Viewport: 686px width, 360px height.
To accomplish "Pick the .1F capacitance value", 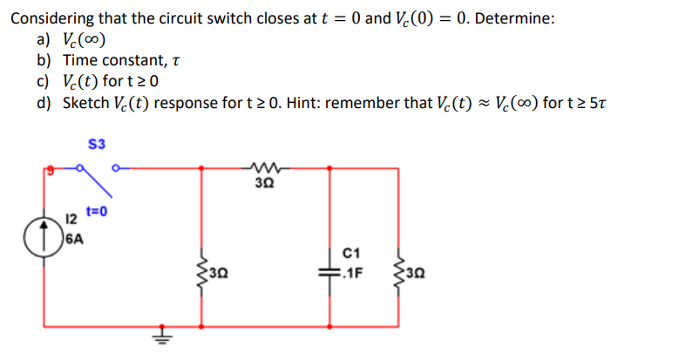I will click(x=354, y=270).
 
